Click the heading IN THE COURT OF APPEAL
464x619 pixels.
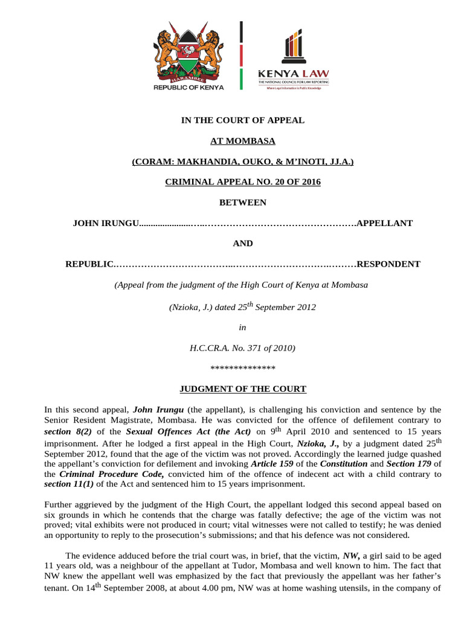tap(243, 120)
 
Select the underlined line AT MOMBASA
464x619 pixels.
tap(242, 141)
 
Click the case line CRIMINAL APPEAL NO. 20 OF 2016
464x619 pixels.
tap(243, 182)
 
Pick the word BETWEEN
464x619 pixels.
tap(243, 203)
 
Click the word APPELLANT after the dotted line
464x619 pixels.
tap(385, 223)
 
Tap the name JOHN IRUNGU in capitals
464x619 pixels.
tap(106, 223)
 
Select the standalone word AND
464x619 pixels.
tap(243, 244)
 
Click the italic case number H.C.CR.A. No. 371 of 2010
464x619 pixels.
tap(242, 348)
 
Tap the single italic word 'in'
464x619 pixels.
tap(243, 327)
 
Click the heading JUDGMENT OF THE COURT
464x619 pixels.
tap(243, 389)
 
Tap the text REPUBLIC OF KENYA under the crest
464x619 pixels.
tap(188, 87)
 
